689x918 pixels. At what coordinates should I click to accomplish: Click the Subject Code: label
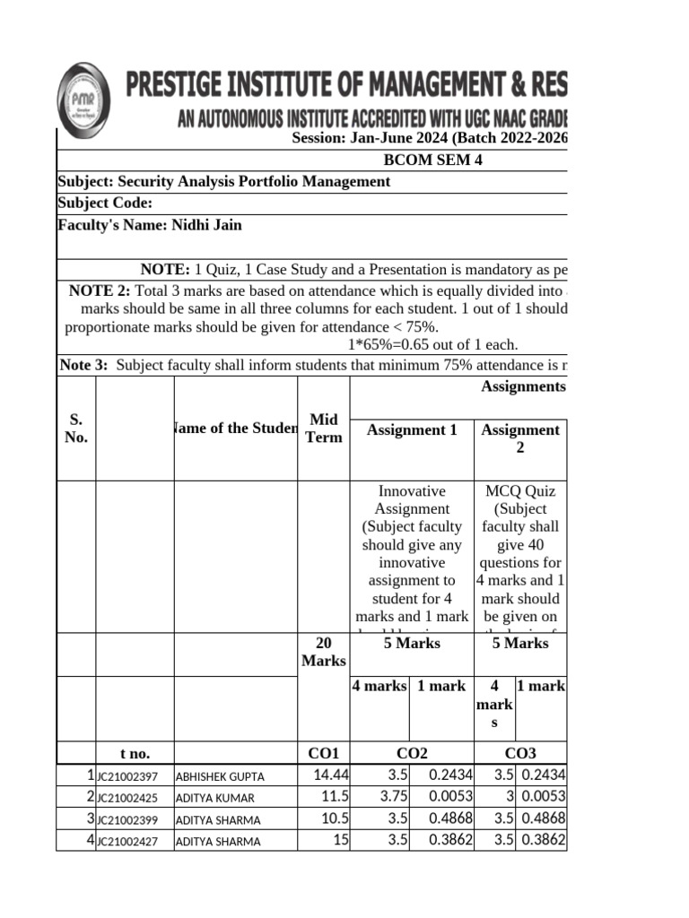(x=105, y=204)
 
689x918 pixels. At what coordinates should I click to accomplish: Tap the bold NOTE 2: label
(x=100, y=291)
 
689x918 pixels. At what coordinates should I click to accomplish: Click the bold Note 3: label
(x=83, y=365)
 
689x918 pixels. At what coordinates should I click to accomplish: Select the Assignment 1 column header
(x=412, y=430)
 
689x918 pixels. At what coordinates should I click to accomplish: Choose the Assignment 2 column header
(x=520, y=437)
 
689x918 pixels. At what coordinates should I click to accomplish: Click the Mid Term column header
(x=323, y=429)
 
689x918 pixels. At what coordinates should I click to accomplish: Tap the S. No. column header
(x=76, y=429)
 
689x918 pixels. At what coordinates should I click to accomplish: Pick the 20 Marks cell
(x=323, y=652)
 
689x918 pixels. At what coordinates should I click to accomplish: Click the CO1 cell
(x=323, y=753)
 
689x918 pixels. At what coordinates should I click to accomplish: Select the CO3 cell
(x=521, y=753)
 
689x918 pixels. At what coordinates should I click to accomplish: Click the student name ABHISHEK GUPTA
(x=220, y=776)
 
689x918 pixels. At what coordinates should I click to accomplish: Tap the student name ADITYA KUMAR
(x=215, y=798)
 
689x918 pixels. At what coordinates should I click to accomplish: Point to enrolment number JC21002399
(x=127, y=819)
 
